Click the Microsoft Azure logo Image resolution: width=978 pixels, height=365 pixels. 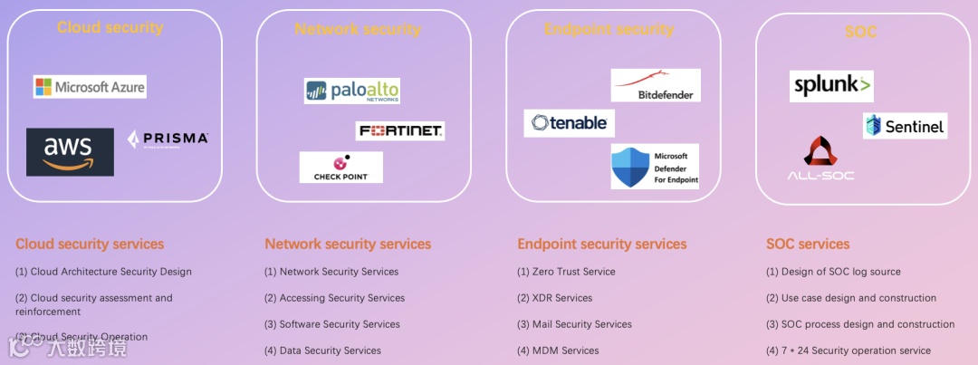[x=90, y=87]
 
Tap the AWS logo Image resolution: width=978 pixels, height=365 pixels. [x=70, y=151]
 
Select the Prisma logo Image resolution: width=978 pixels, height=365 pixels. [x=168, y=139]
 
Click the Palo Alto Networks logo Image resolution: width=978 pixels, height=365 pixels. [x=351, y=91]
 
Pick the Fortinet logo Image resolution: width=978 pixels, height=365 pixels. [x=400, y=130]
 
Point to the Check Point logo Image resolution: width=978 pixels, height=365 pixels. [x=340, y=168]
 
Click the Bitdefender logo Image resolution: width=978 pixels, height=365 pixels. [x=656, y=85]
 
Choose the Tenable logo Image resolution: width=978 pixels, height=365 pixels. [x=569, y=122]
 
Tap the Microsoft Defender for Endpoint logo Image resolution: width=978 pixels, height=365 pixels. [x=655, y=167]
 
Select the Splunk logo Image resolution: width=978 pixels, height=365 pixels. [x=831, y=86]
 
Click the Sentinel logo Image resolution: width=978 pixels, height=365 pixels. [x=905, y=126]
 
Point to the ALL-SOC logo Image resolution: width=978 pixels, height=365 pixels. [x=820, y=158]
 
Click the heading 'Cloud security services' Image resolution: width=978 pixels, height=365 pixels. [x=90, y=244]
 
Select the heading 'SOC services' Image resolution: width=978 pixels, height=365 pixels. [x=808, y=244]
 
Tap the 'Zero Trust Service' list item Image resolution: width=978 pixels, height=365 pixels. [x=566, y=272]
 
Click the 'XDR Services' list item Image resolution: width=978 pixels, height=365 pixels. [x=554, y=298]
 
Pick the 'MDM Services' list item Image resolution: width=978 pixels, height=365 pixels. [x=558, y=351]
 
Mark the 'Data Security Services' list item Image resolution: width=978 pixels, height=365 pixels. [x=322, y=351]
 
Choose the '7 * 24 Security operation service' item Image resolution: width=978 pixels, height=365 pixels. [x=849, y=351]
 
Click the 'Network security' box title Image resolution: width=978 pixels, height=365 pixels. [x=358, y=29]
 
